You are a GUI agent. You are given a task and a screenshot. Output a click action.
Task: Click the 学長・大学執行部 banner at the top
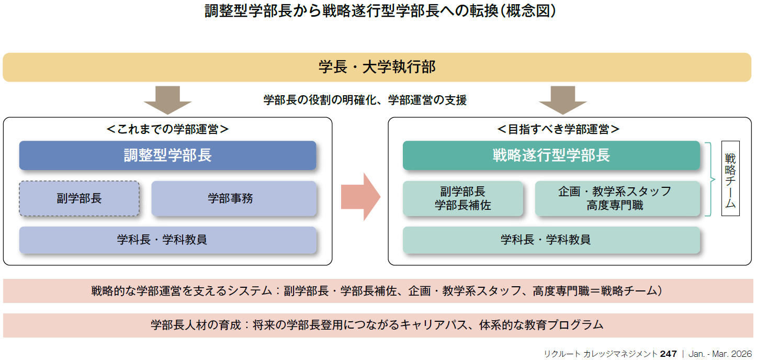coord(378,67)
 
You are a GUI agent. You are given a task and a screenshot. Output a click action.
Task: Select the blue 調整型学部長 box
coord(167,155)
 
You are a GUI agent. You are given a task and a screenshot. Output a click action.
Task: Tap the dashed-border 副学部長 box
coord(80,198)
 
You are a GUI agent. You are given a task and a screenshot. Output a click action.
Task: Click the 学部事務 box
coord(233,198)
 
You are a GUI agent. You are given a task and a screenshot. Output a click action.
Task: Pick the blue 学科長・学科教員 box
coord(167,240)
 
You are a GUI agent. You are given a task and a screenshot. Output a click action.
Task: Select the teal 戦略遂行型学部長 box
coord(551,155)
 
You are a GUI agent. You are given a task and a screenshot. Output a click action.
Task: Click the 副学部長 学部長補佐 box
coord(462,198)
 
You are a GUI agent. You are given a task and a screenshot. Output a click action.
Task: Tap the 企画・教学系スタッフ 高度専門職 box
coord(617,198)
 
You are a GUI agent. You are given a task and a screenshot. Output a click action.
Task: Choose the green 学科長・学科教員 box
coord(551,240)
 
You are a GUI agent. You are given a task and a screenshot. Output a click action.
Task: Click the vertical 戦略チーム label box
coord(730,178)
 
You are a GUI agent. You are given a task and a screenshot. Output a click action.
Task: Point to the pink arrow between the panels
coord(360,197)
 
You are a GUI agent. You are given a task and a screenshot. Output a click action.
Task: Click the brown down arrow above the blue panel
coord(168,100)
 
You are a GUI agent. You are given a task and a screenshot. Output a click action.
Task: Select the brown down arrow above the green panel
coord(563,100)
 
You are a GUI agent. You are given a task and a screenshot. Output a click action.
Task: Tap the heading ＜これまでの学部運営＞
coord(167,129)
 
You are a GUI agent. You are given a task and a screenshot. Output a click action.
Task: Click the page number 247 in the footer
coord(668,354)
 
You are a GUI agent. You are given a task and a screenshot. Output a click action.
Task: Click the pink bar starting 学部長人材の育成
coord(378,325)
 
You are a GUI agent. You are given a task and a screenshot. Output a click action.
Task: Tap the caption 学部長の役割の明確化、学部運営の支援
coord(365,100)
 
